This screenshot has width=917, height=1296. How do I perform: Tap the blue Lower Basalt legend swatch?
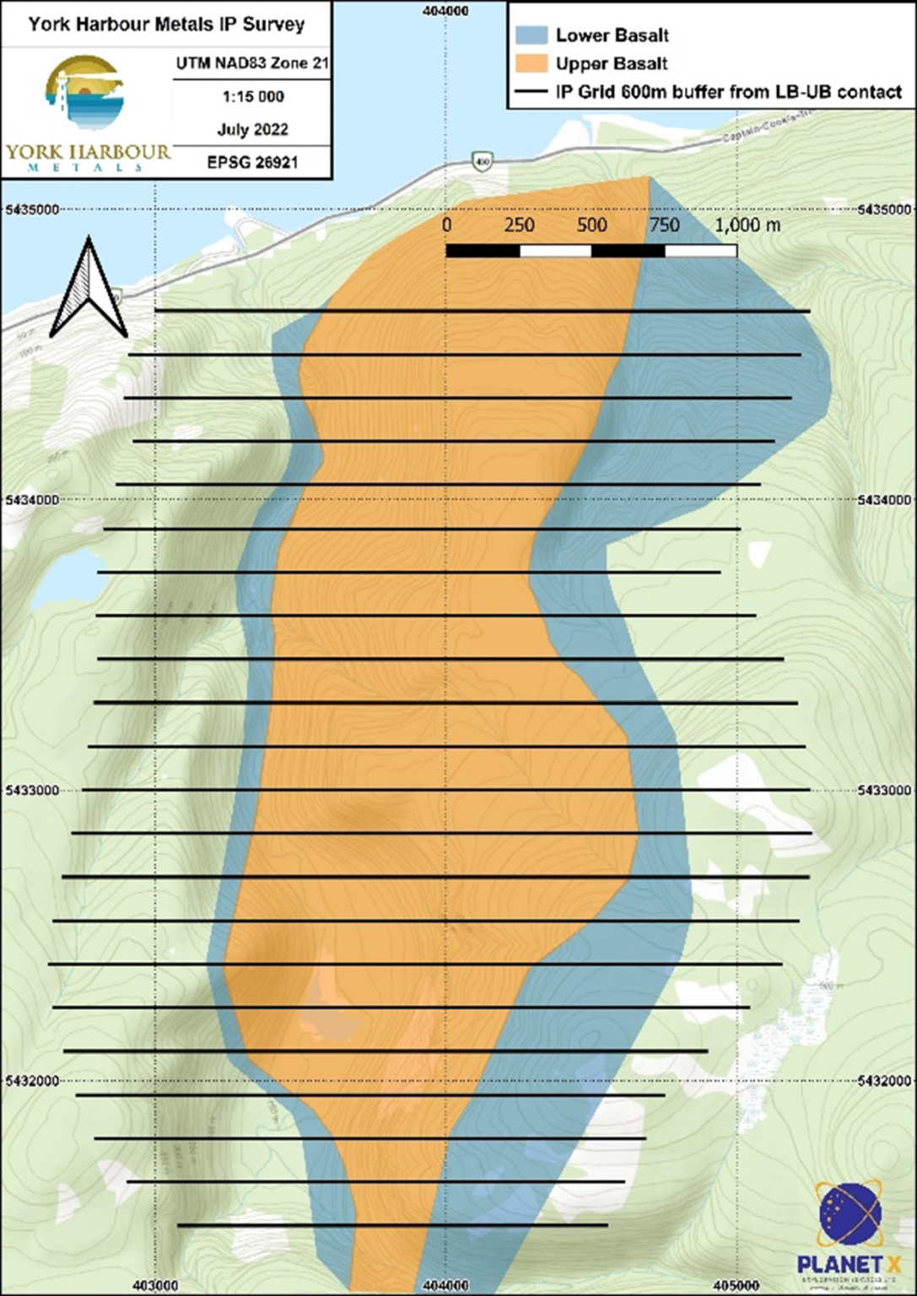click(x=531, y=35)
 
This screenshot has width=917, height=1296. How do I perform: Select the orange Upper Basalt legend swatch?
click(x=531, y=63)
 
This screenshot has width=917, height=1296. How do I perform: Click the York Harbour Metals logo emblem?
click(x=84, y=93)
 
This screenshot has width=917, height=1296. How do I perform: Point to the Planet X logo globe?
click(x=850, y=1214)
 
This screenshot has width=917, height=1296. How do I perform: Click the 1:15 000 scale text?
click(x=253, y=97)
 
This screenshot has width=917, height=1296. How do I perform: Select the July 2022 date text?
click(x=253, y=129)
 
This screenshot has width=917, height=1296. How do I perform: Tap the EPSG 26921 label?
click(x=252, y=162)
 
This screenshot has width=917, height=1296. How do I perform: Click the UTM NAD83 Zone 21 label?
click(x=252, y=63)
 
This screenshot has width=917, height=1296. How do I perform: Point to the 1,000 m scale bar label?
click(x=748, y=225)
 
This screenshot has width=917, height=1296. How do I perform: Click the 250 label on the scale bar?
click(x=519, y=225)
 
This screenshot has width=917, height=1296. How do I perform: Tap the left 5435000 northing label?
click(x=32, y=209)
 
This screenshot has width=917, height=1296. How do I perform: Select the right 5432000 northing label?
click(x=885, y=1081)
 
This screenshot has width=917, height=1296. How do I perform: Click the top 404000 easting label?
click(x=445, y=11)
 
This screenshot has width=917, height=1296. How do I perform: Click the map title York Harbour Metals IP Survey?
click(x=166, y=24)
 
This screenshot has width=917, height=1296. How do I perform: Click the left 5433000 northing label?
click(x=32, y=791)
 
